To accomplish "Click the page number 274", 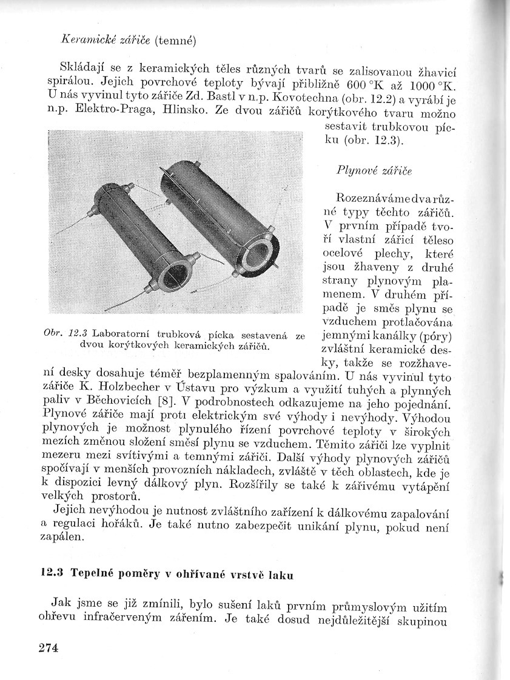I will (48, 648).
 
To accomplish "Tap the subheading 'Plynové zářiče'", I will (374, 171).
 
